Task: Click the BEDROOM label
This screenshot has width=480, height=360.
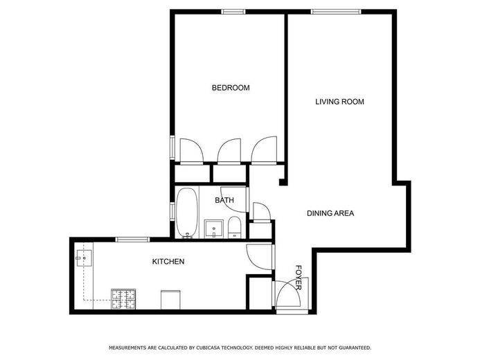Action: pos(230,88)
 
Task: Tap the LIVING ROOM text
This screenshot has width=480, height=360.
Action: pos(339,102)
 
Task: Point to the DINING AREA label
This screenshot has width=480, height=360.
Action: pos(330,213)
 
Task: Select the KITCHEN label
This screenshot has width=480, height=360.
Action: pos(168,262)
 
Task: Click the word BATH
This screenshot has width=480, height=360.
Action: pos(224,201)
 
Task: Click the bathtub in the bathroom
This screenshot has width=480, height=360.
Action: pos(186,213)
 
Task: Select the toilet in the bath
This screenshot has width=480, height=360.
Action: pos(234,227)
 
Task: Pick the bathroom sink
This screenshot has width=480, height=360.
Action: pos(213,228)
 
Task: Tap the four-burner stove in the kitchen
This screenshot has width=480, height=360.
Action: pos(123,299)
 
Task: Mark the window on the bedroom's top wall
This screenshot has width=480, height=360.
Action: pos(233,11)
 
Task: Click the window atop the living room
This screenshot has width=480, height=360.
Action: pos(335,11)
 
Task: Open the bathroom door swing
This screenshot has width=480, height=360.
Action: pos(233,195)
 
